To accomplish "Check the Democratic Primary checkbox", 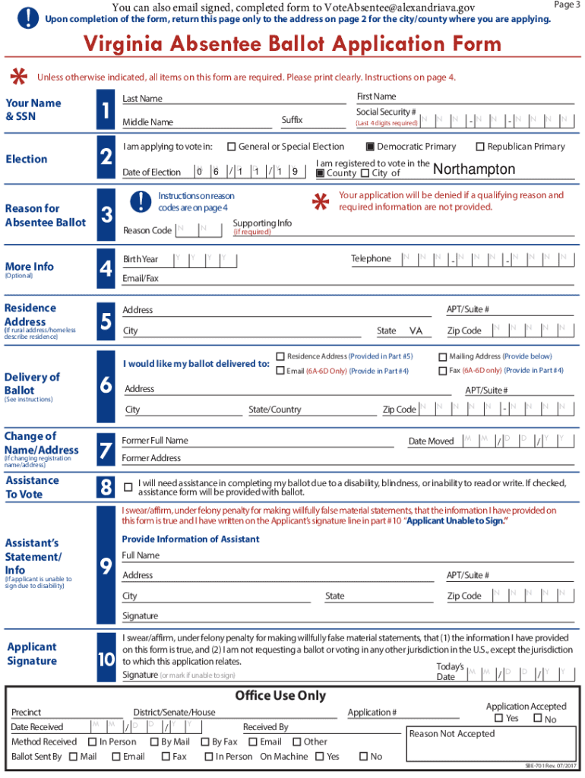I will pyautogui.click(x=370, y=147).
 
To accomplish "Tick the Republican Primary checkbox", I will pyautogui.click(x=480, y=147).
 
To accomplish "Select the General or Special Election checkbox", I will pyautogui.click(x=232, y=147).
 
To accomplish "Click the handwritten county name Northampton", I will pyautogui.click(x=473, y=169).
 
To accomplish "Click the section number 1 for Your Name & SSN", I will pyautogui.click(x=106, y=111).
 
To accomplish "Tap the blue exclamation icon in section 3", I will pyautogui.click(x=141, y=201).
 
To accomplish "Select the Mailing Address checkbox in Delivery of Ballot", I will pyautogui.click(x=443, y=356).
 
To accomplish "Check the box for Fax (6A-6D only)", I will pyautogui.click(x=443, y=371).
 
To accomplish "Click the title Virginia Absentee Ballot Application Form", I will pyautogui.click(x=292, y=43).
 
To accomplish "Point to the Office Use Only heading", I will pyautogui.click(x=280, y=695).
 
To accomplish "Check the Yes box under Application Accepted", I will pyautogui.click(x=498, y=719).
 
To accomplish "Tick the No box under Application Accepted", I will pyautogui.click(x=537, y=719).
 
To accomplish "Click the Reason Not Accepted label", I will pyautogui.click(x=451, y=734).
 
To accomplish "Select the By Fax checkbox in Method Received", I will pyautogui.click(x=204, y=742).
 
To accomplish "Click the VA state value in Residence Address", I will pyautogui.click(x=416, y=331).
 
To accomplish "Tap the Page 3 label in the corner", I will pyautogui.click(x=567, y=5).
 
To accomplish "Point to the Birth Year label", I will pyautogui.click(x=141, y=259).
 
